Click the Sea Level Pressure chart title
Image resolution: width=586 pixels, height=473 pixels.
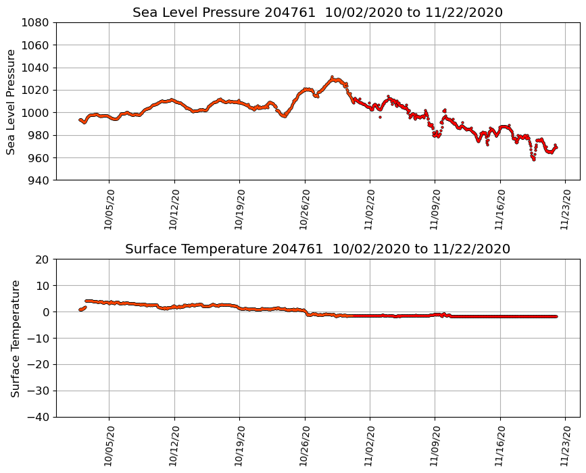tap(318, 13)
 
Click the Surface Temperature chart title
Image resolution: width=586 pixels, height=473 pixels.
tap(318, 249)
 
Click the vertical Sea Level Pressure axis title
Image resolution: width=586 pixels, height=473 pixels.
tap(11, 101)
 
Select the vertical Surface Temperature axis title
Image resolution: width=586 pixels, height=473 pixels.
tap(15, 338)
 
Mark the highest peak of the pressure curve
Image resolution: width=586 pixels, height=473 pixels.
tap(332, 77)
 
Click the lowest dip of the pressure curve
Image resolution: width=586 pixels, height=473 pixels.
tap(533, 159)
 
